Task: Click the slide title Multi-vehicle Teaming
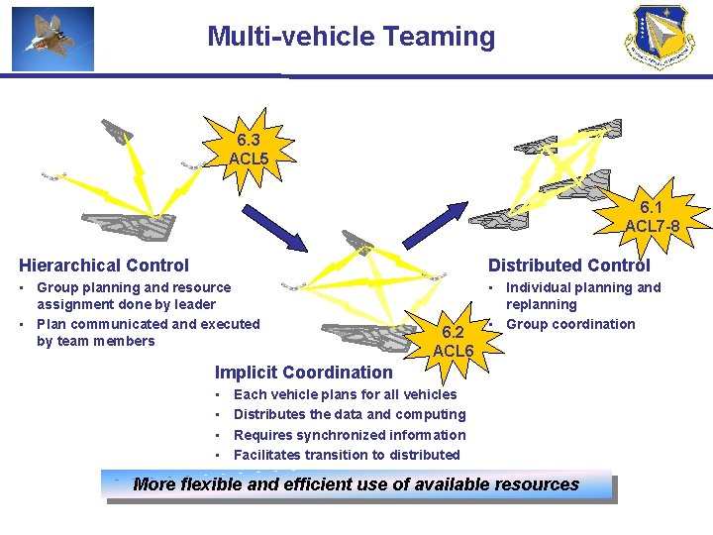[x=351, y=37]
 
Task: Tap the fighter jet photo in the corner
[x=53, y=39]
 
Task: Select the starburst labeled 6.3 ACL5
[x=249, y=150]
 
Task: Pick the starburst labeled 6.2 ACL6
[x=454, y=342]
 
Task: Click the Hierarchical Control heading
[x=104, y=265]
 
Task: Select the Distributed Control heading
[x=568, y=265]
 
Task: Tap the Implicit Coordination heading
[x=304, y=373]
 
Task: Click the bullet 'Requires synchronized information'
[x=349, y=435]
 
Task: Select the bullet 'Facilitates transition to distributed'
[x=347, y=455]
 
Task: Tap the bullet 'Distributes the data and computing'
[x=349, y=414]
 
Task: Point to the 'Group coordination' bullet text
[x=570, y=324]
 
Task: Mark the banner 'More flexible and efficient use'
[x=356, y=484]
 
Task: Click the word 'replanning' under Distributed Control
[x=541, y=305]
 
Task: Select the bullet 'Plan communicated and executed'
[x=148, y=324]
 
